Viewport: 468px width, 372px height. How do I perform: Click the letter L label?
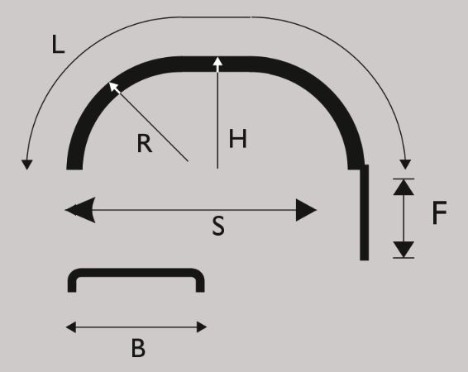(x=58, y=45)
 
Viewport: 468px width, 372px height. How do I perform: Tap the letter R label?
(x=145, y=143)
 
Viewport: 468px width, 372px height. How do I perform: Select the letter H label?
(x=238, y=138)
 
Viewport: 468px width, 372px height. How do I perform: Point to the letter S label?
(x=218, y=226)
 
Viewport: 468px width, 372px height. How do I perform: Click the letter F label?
(x=439, y=212)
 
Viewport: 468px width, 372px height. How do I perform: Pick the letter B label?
(x=138, y=348)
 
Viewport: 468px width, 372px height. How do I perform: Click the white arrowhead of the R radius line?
(x=114, y=87)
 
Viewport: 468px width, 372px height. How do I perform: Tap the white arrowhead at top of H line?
(x=218, y=62)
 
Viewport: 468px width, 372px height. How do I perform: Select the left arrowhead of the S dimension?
(x=80, y=210)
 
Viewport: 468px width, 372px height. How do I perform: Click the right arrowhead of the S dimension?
(x=306, y=210)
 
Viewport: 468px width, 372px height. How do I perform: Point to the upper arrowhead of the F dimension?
(x=404, y=188)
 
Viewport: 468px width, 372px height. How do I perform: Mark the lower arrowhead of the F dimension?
(x=404, y=250)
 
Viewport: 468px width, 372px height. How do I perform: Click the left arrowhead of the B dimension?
(x=71, y=327)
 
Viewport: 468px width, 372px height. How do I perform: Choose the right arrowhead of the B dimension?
(x=202, y=327)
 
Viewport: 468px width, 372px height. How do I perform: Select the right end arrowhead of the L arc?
(x=405, y=165)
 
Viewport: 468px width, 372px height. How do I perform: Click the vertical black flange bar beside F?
(x=364, y=212)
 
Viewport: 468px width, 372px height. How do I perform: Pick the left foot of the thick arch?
(x=74, y=164)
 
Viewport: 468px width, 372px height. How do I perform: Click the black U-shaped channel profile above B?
(x=136, y=273)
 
